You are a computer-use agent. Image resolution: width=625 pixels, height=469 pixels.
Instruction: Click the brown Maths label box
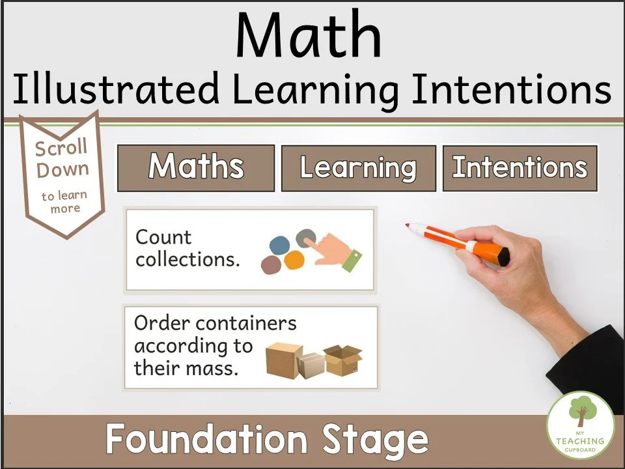coord(196,167)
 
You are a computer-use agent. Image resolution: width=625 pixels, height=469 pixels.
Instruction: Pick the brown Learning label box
coord(358,168)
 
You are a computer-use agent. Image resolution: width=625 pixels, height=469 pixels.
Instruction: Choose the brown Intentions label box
coord(520,167)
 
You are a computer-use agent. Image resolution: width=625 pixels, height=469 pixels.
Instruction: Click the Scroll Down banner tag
coord(62,173)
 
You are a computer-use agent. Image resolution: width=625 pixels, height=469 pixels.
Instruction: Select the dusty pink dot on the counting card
coord(271,264)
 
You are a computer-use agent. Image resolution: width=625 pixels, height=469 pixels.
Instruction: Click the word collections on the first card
coord(187,260)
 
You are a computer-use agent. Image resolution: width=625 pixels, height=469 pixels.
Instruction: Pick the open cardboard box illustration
coord(343,360)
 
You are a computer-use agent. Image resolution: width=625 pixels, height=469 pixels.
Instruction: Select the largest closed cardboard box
coord(284,360)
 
